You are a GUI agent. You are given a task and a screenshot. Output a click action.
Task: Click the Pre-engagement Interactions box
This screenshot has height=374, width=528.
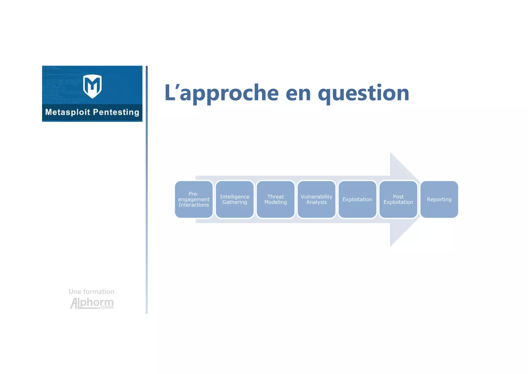point(194,199)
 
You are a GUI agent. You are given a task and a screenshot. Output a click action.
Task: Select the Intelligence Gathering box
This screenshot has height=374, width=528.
point(235,199)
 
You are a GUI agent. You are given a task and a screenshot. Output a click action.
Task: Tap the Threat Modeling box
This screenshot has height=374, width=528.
point(276,199)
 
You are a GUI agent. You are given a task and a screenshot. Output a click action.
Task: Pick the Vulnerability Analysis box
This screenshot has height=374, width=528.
point(316,199)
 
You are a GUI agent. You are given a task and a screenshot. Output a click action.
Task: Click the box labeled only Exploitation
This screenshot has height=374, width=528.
point(357,199)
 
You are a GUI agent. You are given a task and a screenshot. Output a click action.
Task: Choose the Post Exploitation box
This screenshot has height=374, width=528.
point(398,199)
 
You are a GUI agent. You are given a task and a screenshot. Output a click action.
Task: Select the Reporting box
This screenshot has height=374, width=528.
point(439,199)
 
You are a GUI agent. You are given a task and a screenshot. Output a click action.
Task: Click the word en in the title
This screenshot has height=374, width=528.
point(298,93)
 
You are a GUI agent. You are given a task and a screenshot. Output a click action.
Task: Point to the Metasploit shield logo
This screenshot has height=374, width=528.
point(92,86)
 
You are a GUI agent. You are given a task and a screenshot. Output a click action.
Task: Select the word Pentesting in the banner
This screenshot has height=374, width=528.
point(116,112)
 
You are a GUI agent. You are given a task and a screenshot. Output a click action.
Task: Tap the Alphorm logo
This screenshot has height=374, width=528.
point(92,303)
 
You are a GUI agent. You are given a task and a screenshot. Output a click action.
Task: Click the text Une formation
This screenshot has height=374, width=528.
point(92,292)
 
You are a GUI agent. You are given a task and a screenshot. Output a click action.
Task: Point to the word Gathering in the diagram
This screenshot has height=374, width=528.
point(235,202)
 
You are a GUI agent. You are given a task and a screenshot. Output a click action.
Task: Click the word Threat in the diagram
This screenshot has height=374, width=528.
point(276,197)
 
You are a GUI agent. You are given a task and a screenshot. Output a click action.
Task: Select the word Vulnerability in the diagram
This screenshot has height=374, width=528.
point(316,197)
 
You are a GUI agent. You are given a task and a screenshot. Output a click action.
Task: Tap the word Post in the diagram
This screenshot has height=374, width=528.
point(398,197)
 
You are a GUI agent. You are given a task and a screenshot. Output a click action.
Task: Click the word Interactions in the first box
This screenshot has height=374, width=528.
point(194,205)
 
